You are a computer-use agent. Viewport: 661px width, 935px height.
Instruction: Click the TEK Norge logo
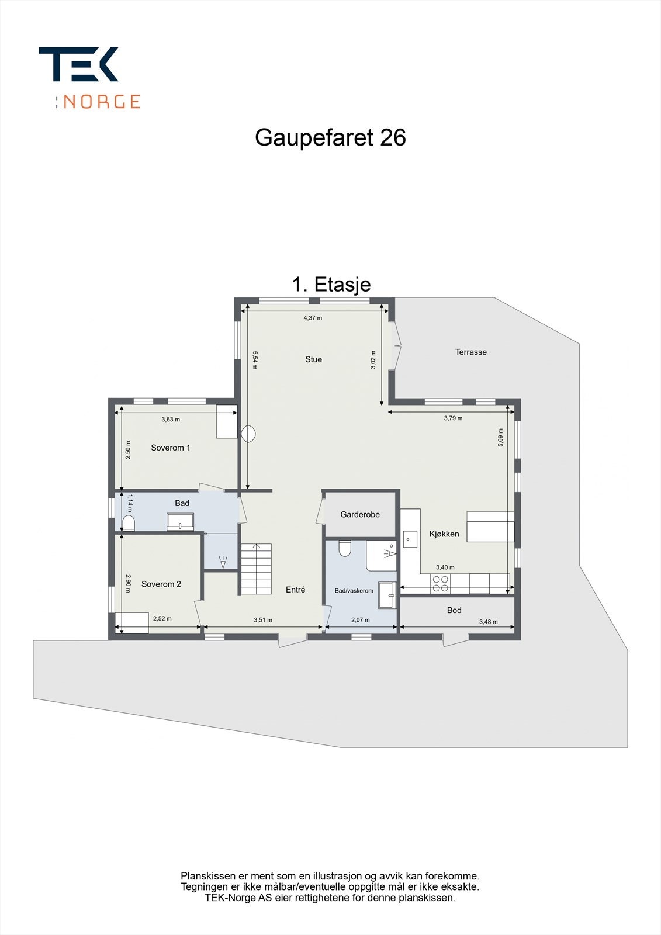(x=89, y=77)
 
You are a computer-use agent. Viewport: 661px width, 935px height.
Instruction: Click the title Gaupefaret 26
(x=330, y=138)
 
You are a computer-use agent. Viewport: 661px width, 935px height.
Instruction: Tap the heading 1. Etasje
(x=331, y=285)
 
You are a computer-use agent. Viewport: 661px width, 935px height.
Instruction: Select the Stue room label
(x=313, y=359)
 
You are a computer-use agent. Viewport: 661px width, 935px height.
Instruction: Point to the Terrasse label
(x=470, y=352)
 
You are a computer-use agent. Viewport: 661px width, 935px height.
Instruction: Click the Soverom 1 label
(x=170, y=448)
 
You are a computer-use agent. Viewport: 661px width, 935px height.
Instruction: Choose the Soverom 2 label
(x=161, y=584)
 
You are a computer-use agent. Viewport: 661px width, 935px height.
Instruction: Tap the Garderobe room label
(x=360, y=514)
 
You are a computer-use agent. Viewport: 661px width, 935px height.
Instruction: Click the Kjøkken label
(x=444, y=534)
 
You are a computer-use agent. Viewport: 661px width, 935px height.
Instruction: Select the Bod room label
(x=454, y=610)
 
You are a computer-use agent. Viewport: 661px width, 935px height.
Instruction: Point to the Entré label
(x=295, y=590)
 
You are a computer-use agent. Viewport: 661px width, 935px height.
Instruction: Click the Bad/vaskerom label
(x=354, y=591)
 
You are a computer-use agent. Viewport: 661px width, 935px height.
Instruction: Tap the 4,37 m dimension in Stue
(x=313, y=318)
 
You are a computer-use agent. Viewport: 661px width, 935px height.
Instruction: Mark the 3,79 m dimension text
(x=453, y=418)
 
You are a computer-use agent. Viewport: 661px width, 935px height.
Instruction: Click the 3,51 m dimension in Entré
(x=262, y=620)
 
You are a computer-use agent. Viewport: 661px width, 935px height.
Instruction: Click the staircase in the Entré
(x=256, y=569)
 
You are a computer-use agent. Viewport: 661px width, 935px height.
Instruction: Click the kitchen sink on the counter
(x=410, y=539)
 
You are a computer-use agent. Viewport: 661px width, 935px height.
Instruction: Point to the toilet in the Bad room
(x=129, y=522)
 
